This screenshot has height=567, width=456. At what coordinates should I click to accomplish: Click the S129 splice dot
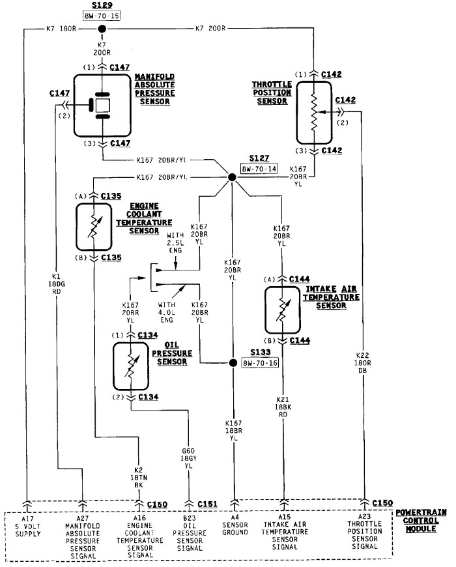(x=101, y=29)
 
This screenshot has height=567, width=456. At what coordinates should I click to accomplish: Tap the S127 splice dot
(x=231, y=177)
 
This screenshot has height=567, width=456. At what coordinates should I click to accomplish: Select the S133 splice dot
(x=232, y=362)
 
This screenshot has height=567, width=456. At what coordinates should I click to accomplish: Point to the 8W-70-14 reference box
(x=259, y=167)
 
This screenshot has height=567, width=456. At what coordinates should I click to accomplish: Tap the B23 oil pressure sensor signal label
(x=190, y=533)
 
